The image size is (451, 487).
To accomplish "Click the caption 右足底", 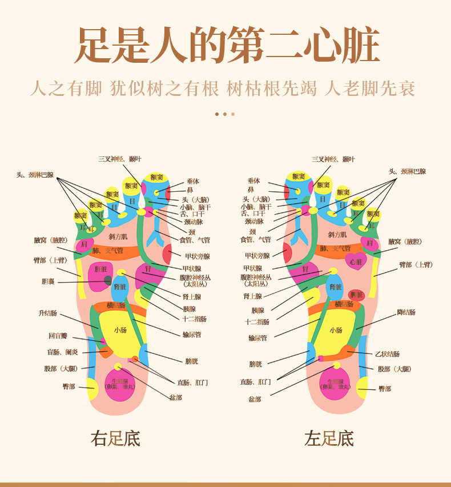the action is pos(115,438).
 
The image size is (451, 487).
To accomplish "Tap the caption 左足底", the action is pos(329,438).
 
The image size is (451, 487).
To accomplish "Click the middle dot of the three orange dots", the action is pos(225,114).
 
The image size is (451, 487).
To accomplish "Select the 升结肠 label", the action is pos(48,313).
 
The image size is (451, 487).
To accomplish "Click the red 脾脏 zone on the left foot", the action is pos(356,295).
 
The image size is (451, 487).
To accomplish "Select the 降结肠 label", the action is pos(406,312).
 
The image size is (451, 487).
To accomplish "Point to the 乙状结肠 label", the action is pos(387,354).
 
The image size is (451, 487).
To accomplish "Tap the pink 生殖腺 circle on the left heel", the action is pos(335,384).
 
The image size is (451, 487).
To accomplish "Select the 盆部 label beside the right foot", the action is pos(175,397).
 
